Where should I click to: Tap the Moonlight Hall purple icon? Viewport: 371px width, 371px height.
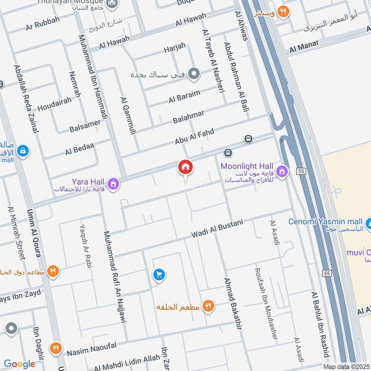281,172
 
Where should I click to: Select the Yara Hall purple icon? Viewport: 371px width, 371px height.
113,185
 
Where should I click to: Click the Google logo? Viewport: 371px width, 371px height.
19,364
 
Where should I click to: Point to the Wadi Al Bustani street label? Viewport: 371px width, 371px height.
217,229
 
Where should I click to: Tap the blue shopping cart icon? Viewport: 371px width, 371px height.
159,275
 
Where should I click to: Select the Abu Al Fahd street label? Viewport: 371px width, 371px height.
194,136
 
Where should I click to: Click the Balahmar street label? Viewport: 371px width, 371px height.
188,117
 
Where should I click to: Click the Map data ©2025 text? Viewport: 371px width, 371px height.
345,366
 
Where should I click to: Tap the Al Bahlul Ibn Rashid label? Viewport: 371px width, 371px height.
321,325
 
